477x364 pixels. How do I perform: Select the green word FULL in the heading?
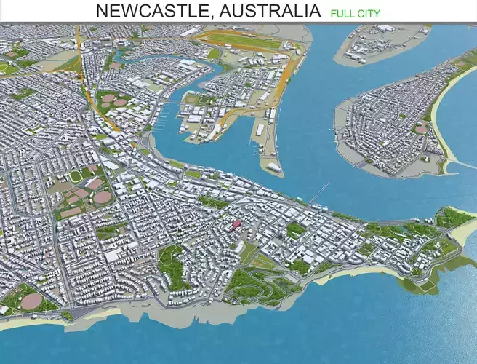click(342, 13)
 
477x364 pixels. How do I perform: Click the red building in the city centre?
click(235, 223)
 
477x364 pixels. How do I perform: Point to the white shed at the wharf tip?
click(274, 167)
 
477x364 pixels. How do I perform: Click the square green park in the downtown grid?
click(295, 230)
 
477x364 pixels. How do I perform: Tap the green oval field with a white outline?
click(76, 176)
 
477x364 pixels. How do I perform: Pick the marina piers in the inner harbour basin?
click(172, 109)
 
